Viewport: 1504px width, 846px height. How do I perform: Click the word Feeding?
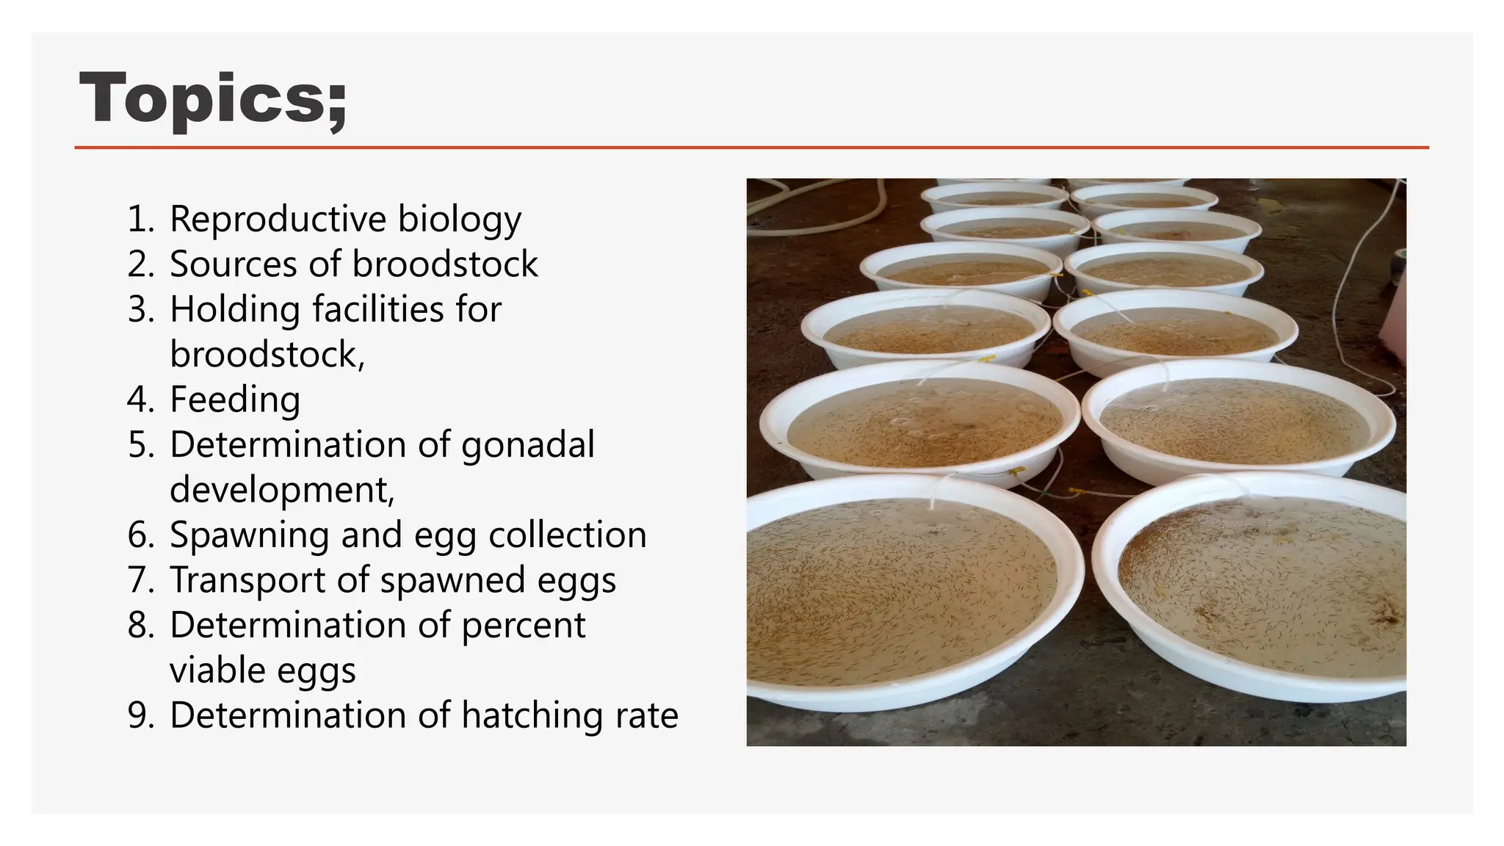click(235, 399)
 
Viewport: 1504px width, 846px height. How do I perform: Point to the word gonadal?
click(527, 445)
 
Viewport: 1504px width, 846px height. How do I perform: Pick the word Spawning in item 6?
click(249, 535)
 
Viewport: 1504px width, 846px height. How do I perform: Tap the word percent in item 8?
click(523, 625)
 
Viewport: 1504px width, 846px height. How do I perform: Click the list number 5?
click(140, 445)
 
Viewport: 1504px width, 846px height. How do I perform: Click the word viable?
click(217, 670)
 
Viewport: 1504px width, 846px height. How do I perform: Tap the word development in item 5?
click(281, 490)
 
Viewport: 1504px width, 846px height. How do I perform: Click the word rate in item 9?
click(646, 716)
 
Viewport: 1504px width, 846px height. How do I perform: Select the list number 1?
click(140, 219)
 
